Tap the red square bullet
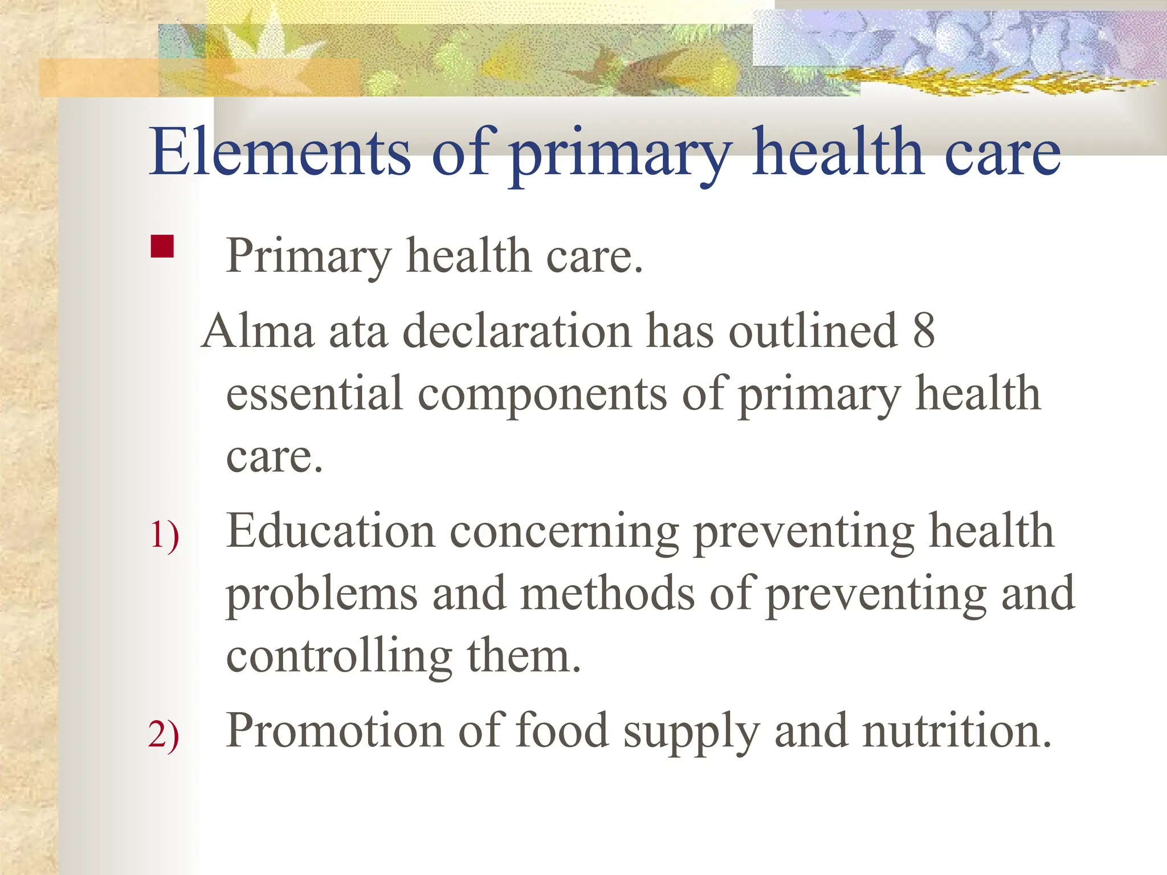(162, 247)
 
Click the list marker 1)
(164, 535)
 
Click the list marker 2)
(164, 734)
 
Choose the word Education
(330, 531)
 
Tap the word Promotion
(334, 730)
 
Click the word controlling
(339, 656)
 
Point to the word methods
(607, 594)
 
